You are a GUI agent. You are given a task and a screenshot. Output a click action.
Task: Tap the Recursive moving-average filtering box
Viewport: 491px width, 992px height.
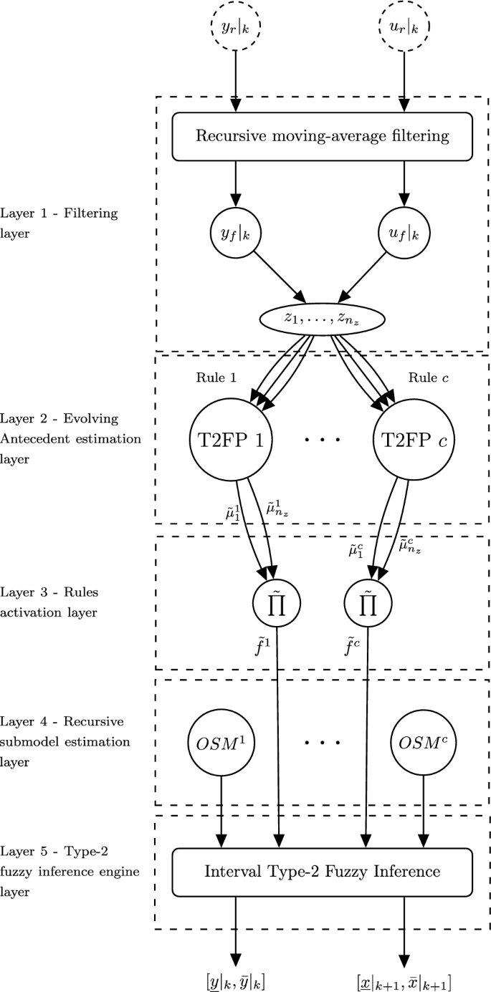[x=322, y=135]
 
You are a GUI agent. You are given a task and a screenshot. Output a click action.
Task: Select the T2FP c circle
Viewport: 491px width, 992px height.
[x=406, y=439]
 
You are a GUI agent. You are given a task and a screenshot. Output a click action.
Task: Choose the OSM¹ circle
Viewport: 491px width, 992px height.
[x=222, y=742]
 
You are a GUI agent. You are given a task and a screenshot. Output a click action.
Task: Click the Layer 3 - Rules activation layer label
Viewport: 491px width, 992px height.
[x=50, y=602]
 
